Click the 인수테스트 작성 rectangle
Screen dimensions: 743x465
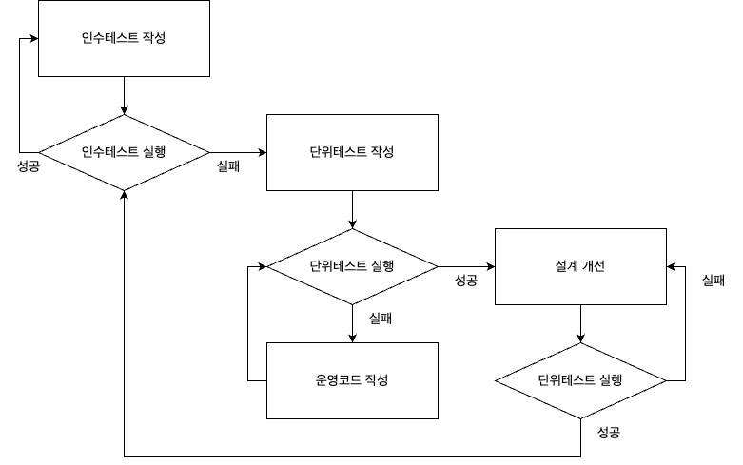(x=124, y=38)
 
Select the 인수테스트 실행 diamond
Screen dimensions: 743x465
(x=124, y=152)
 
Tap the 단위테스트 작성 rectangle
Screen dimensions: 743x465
(x=352, y=152)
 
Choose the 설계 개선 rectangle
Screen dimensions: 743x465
(x=580, y=266)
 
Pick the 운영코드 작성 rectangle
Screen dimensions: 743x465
(x=352, y=380)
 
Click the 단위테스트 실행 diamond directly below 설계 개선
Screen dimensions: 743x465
(x=580, y=380)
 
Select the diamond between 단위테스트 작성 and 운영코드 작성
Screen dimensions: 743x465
(x=352, y=266)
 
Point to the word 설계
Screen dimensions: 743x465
(x=567, y=266)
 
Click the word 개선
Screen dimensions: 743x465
(x=593, y=266)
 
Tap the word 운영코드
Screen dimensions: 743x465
(x=339, y=380)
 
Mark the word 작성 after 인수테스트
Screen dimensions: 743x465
(x=153, y=38)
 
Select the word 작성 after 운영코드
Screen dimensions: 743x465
(x=377, y=380)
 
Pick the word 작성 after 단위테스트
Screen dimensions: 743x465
(x=381, y=152)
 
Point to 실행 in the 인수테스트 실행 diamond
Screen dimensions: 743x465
(x=153, y=152)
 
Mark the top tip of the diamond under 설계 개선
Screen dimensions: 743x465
(x=580, y=345)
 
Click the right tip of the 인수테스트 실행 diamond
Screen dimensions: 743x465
(x=206, y=152)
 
